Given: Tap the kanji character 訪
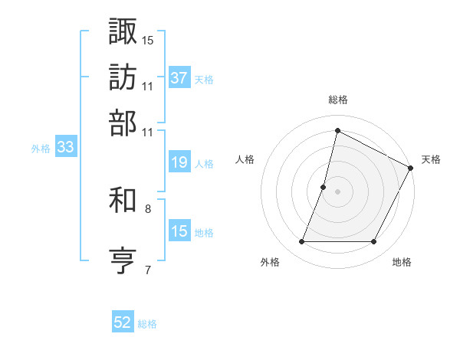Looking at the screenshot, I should pyautogui.click(x=123, y=77).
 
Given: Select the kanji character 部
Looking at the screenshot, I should pyautogui.click(x=123, y=123).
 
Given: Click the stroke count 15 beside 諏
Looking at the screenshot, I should pyautogui.click(x=148, y=39).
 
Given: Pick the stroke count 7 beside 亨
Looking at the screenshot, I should pyautogui.click(x=147, y=270).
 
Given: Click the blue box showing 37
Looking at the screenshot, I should pyautogui.click(x=179, y=78).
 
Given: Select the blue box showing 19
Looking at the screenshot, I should pyautogui.click(x=179, y=162).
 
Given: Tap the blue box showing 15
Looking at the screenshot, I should pyautogui.click(x=179, y=231).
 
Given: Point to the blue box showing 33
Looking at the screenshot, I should pyautogui.click(x=64, y=148).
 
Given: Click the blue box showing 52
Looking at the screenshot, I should pyautogui.click(x=123, y=322).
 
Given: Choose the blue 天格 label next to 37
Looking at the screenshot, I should pyautogui.click(x=203, y=79).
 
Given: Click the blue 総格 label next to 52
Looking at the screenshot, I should pyautogui.click(x=147, y=324).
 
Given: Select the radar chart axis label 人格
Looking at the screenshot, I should pyautogui.click(x=245, y=159).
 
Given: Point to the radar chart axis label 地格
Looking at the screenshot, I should pyautogui.click(x=402, y=263).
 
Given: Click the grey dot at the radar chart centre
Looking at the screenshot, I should pyautogui.click(x=337, y=191).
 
